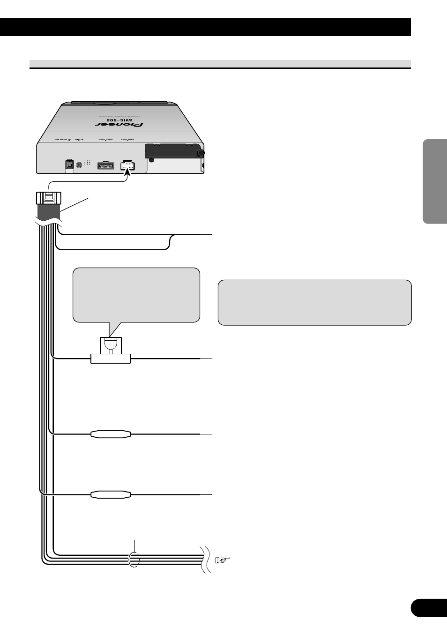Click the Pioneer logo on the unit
point(119,125)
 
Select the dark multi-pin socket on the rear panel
point(105,165)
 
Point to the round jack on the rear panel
point(79,164)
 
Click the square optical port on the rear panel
point(69,165)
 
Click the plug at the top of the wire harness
point(48,199)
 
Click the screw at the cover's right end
point(201,153)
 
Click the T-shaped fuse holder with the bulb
point(110,351)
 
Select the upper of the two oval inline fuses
point(110,434)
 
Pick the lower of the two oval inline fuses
point(110,494)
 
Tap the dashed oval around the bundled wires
point(134,560)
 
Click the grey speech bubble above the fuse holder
point(136,295)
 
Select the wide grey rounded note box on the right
point(314,302)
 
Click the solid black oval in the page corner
point(428,608)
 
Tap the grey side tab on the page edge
point(434,181)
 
